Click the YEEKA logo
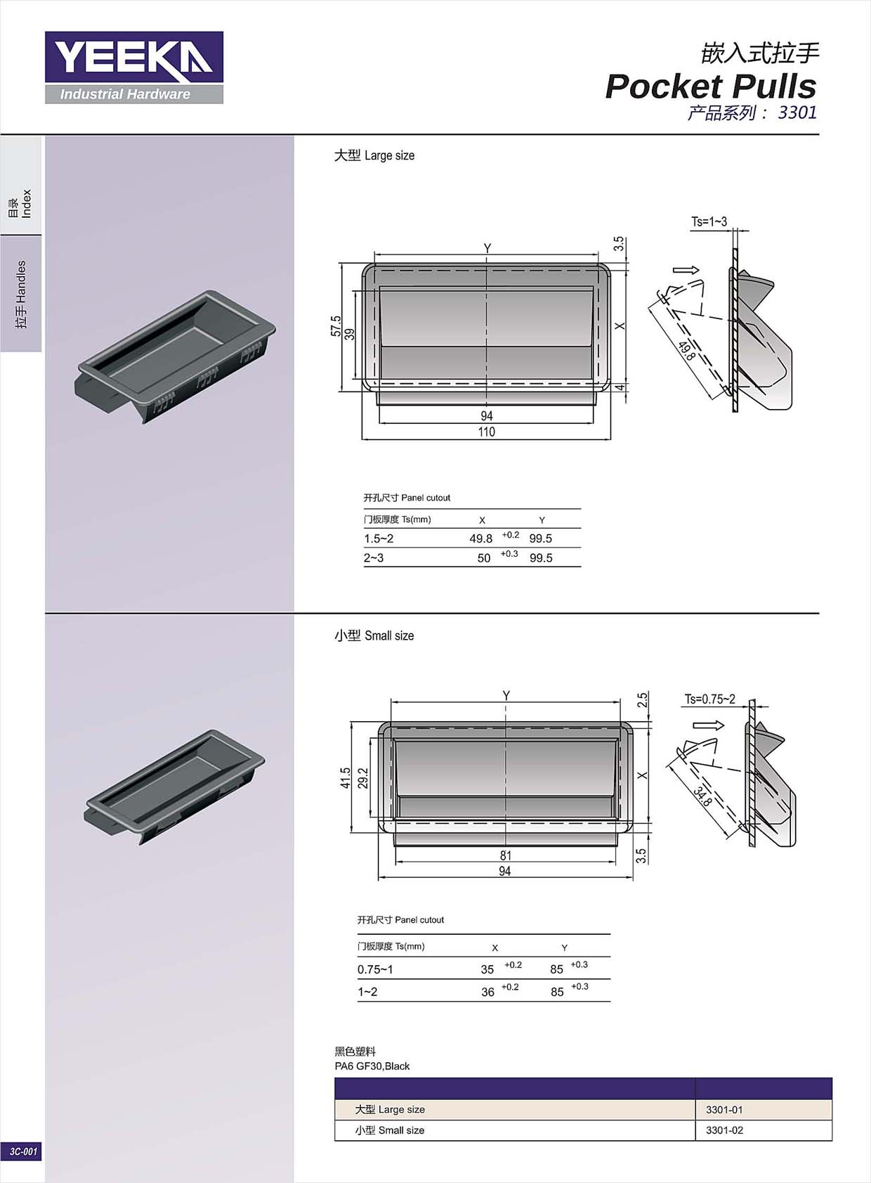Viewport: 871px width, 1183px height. [x=134, y=67]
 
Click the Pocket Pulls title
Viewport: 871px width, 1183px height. [x=711, y=86]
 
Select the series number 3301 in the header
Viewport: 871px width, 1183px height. [x=797, y=112]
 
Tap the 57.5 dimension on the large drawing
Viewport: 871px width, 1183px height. [x=336, y=326]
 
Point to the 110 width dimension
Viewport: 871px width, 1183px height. [x=486, y=432]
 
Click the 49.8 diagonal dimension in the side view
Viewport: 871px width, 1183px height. [x=687, y=351]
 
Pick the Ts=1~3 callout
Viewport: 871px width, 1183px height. [x=709, y=222]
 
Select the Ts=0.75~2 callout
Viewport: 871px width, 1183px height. [x=710, y=699]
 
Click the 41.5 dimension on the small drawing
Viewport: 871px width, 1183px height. [x=345, y=778]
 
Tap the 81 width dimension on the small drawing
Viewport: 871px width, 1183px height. [x=505, y=855]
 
